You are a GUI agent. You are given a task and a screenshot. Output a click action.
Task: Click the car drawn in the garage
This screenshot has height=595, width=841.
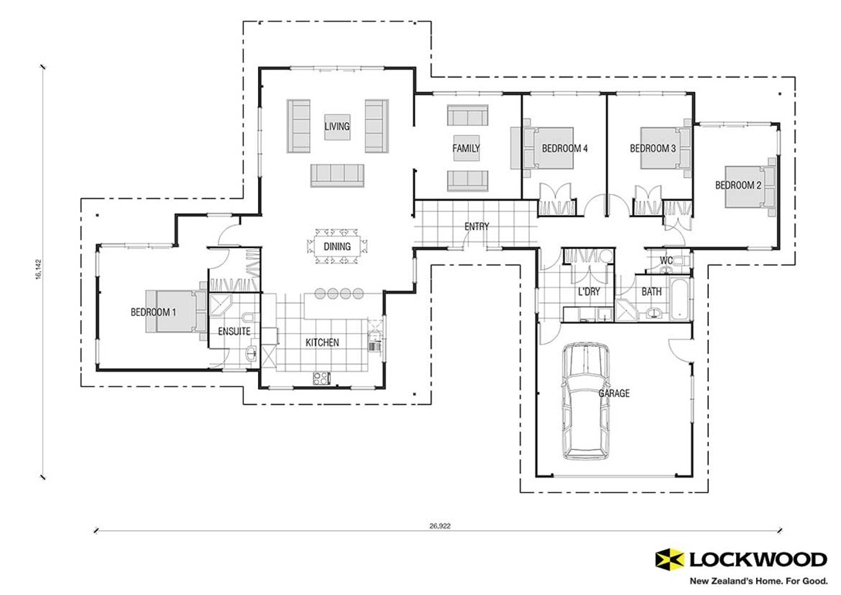(585, 400)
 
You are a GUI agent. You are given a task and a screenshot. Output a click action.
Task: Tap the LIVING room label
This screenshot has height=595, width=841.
(337, 126)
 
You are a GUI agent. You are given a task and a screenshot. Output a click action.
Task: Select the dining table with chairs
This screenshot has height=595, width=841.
(337, 246)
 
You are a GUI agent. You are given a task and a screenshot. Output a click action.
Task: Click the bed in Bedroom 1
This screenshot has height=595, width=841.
(175, 311)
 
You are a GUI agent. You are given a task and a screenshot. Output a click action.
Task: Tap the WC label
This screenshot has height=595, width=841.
(666, 260)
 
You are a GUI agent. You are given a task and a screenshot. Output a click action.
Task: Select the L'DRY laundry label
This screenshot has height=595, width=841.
(589, 292)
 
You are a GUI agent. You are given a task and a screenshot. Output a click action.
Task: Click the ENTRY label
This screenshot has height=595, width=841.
(476, 226)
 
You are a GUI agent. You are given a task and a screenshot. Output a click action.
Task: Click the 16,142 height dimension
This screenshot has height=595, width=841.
(38, 270)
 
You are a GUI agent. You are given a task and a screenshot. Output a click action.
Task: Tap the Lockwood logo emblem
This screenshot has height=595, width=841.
(668, 558)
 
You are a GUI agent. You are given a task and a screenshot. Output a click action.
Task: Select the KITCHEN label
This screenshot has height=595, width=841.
(322, 342)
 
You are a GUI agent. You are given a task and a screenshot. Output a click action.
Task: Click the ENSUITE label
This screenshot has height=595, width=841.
(233, 331)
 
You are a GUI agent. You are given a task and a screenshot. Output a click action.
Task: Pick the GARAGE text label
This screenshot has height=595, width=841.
(614, 393)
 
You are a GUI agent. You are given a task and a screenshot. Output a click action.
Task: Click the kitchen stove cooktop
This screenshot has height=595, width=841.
(320, 377)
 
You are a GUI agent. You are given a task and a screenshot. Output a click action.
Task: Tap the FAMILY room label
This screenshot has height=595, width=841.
(466, 148)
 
